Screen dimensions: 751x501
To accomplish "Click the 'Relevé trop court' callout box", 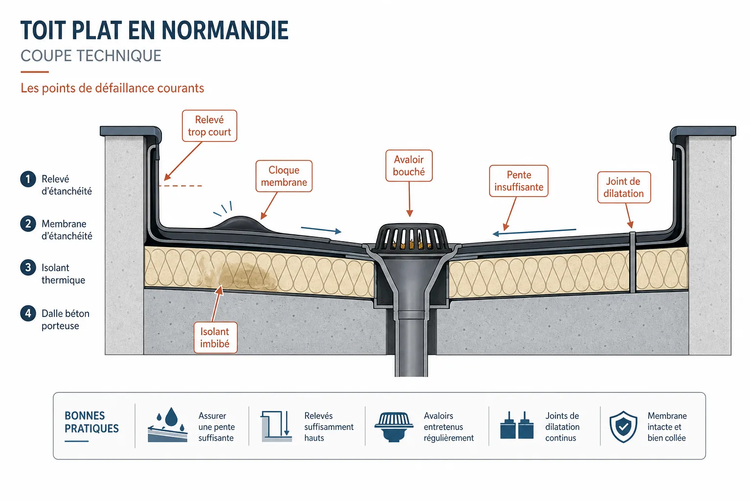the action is click(210, 126).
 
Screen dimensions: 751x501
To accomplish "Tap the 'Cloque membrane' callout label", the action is click(284, 176).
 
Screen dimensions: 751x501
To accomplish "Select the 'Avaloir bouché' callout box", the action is click(409, 166).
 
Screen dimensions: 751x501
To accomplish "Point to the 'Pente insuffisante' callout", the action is click(519, 181).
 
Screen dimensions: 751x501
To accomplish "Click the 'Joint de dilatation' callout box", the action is click(624, 187).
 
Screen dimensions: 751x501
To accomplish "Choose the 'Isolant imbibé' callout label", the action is click(215, 338).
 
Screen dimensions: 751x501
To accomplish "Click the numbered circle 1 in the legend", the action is click(28, 179).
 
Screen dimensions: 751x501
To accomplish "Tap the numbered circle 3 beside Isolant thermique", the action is click(28, 268).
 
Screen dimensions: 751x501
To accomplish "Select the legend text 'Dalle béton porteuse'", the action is click(66, 319).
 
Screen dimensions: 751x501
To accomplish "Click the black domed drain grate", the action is click(412, 236).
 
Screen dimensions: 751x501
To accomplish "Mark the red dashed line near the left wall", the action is click(180, 185).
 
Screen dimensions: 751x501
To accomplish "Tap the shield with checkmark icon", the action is click(623, 427).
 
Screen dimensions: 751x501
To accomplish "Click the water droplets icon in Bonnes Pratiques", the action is click(168, 425).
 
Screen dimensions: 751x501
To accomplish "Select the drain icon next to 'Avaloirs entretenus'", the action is click(394, 427).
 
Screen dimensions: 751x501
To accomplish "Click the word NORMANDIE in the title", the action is click(225, 30).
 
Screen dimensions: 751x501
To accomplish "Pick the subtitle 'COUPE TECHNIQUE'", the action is click(91, 56).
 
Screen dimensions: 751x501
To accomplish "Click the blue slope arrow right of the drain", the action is click(534, 232).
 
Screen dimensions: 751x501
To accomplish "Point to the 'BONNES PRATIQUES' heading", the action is click(91, 422).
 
